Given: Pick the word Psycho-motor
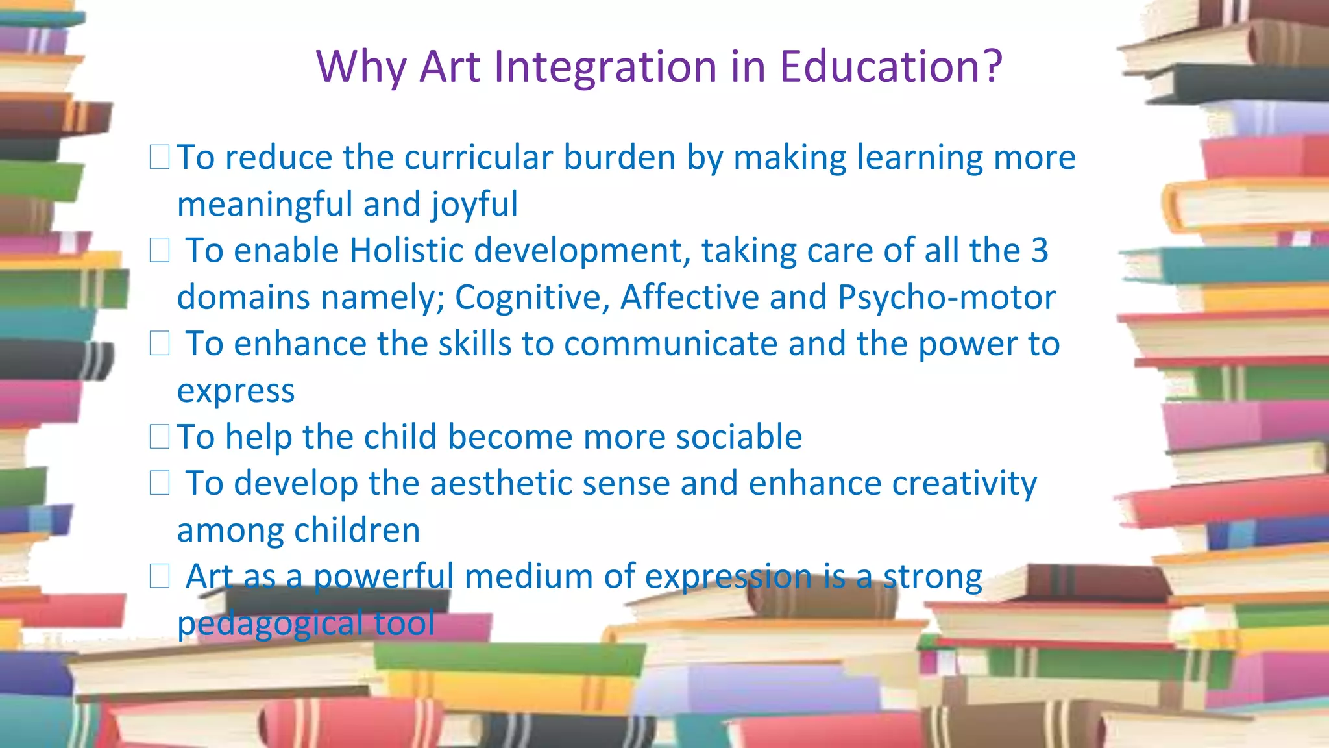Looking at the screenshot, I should point(947,298).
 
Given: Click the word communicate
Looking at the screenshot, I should point(670,344).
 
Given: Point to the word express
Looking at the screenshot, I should point(236,392).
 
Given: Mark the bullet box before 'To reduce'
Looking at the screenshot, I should point(160,157).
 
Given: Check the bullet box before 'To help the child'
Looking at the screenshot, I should point(160,436).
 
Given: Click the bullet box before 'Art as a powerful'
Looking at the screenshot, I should point(160,576).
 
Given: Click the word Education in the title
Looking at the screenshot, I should point(883,66).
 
